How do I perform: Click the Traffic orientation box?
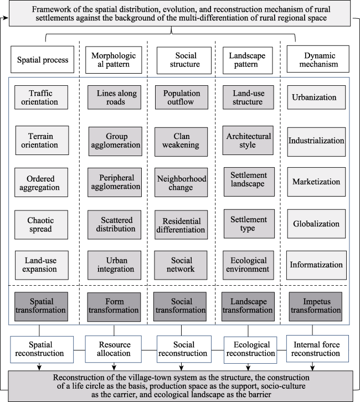pyautogui.click(x=42, y=97)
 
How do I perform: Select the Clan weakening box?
pyautogui.click(x=181, y=142)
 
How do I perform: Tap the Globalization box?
pyautogui.click(x=316, y=224)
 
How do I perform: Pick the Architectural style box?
pyautogui.click(x=248, y=140)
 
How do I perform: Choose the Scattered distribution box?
pyautogui.click(x=114, y=225)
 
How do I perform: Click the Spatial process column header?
pyautogui.click(x=42, y=59)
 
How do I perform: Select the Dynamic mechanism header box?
pyautogui.click(x=318, y=59)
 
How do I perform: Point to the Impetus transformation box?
pyautogui.click(x=316, y=307)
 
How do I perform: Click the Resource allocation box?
pyautogui.click(x=114, y=349)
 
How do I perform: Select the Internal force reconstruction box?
pyautogui.click(x=317, y=349)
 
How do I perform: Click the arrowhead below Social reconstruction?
pyautogui.click(x=181, y=368)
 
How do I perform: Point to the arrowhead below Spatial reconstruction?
pyautogui.click(x=39, y=368)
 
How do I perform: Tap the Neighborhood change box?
pyautogui.click(x=181, y=183)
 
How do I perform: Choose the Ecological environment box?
pyautogui.click(x=248, y=265)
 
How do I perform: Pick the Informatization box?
pyautogui.click(x=316, y=265)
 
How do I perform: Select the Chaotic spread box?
pyautogui.click(x=42, y=225)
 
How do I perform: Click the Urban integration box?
pyautogui.click(x=114, y=265)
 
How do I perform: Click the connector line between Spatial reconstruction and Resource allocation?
pyautogui.click(x=80, y=350)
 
